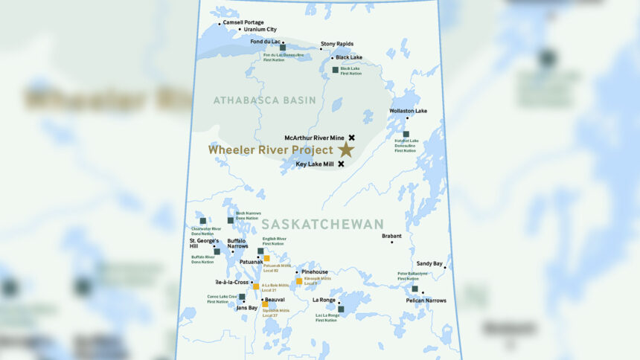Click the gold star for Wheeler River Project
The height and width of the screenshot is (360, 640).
(345, 150)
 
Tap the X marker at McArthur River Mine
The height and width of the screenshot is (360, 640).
(351, 138)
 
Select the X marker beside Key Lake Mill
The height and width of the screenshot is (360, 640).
(341, 164)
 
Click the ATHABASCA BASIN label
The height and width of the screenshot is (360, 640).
(264, 100)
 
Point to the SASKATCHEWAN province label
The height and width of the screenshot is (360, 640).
(322, 224)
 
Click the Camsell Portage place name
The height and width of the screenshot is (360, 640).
(243, 22)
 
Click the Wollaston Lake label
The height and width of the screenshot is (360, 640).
(409, 111)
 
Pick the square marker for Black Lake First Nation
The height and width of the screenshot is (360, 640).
(336, 70)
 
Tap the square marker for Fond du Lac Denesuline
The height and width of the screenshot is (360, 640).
(283, 47)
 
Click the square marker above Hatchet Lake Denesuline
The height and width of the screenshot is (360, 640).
(406, 135)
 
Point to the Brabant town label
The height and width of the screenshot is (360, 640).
(391, 236)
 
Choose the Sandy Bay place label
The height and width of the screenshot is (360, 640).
(429, 263)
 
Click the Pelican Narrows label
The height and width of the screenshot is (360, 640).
(426, 300)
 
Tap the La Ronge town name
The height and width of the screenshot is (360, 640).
(324, 300)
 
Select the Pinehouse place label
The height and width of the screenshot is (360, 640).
(315, 272)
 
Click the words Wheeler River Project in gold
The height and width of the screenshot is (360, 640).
(270, 150)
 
